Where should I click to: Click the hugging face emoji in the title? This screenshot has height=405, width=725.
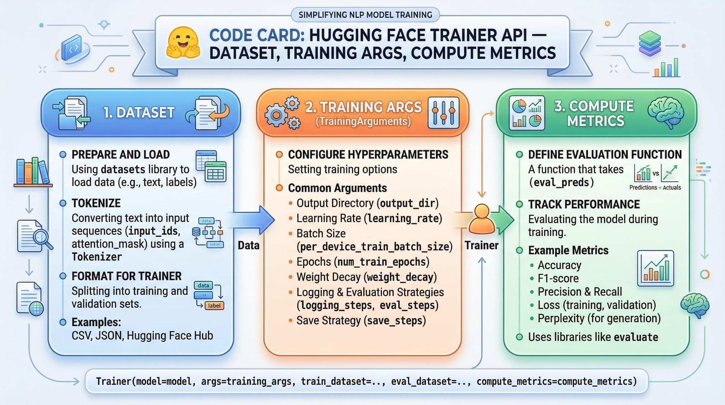coord(183,43)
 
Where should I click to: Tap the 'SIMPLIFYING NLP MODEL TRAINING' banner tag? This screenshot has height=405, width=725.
coord(365,15)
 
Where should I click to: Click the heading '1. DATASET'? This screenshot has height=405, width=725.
coord(139,112)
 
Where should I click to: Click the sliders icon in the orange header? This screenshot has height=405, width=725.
coord(443,112)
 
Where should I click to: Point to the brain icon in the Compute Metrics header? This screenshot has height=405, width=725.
coord(666,112)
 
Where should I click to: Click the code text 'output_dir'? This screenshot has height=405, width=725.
coord(407,203)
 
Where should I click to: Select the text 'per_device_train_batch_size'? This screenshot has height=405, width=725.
coord(374,247)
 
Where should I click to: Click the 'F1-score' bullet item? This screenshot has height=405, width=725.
coord(558,278)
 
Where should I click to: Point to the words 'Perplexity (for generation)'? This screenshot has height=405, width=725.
coord(599,318)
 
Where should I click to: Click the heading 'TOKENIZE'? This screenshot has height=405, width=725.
coord(96,203)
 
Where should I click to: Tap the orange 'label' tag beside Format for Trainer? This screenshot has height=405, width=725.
coord(214,306)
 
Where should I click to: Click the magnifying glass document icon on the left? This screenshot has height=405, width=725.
coord(35,236)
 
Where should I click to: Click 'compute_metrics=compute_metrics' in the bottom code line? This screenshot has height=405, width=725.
coord(556,381)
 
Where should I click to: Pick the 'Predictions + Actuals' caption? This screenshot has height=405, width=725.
coord(655,188)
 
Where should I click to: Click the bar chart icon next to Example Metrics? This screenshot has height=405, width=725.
coord(655,269)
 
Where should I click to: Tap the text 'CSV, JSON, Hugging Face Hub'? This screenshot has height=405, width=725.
coord(142,336)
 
